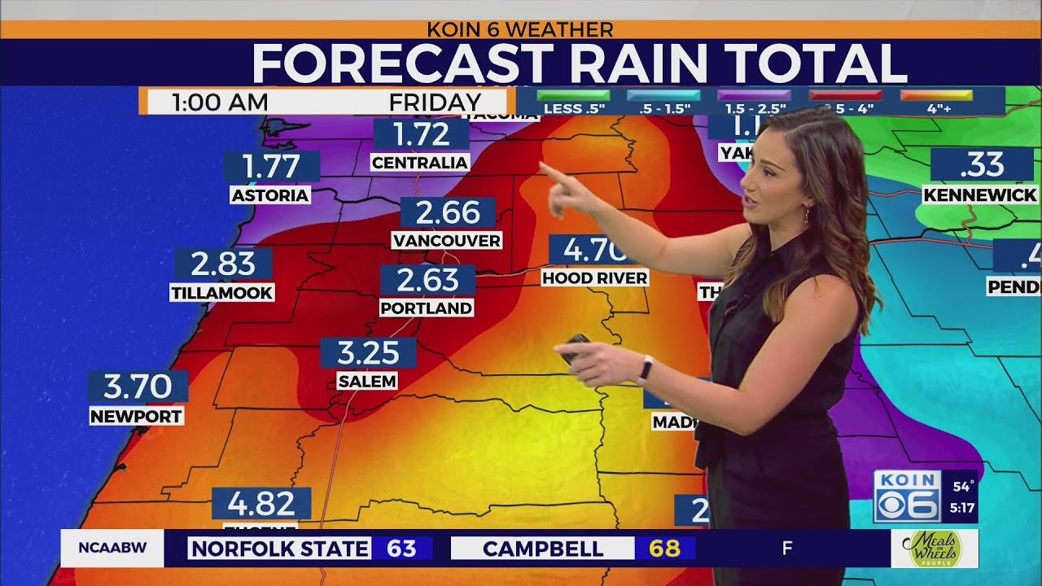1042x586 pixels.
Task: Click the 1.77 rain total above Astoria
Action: [x=272, y=166]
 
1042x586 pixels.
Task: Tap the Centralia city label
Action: [x=420, y=163]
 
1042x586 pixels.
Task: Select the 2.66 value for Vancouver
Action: [x=448, y=212]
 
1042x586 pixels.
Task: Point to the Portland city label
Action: [x=426, y=308]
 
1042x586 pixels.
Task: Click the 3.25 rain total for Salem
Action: [x=368, y=353]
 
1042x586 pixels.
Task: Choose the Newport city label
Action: [x=136, y=416]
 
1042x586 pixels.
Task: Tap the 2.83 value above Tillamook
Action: [x=223, y=264]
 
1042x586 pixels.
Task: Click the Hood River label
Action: [x=594, y=278]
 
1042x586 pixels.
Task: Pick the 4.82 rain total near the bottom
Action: [x=261, y=504]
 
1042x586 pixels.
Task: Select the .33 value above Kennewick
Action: [x=982, y=165]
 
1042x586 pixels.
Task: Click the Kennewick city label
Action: [x=980, y=195]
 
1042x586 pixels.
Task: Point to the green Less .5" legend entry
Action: [x=574, y=102]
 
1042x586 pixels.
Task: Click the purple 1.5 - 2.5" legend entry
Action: [x=755, y=102]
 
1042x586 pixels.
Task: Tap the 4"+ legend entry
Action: [x=936, y=102]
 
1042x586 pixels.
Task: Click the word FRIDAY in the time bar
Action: [x=435, y=103]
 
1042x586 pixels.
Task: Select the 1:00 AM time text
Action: [x=220, y=103]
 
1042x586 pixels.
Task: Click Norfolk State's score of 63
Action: [x=401, y=549]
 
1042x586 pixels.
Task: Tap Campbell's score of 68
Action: [x=664, y=549]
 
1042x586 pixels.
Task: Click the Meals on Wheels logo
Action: [x=934, y=549]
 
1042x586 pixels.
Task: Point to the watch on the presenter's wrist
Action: [x=645, y=369]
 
